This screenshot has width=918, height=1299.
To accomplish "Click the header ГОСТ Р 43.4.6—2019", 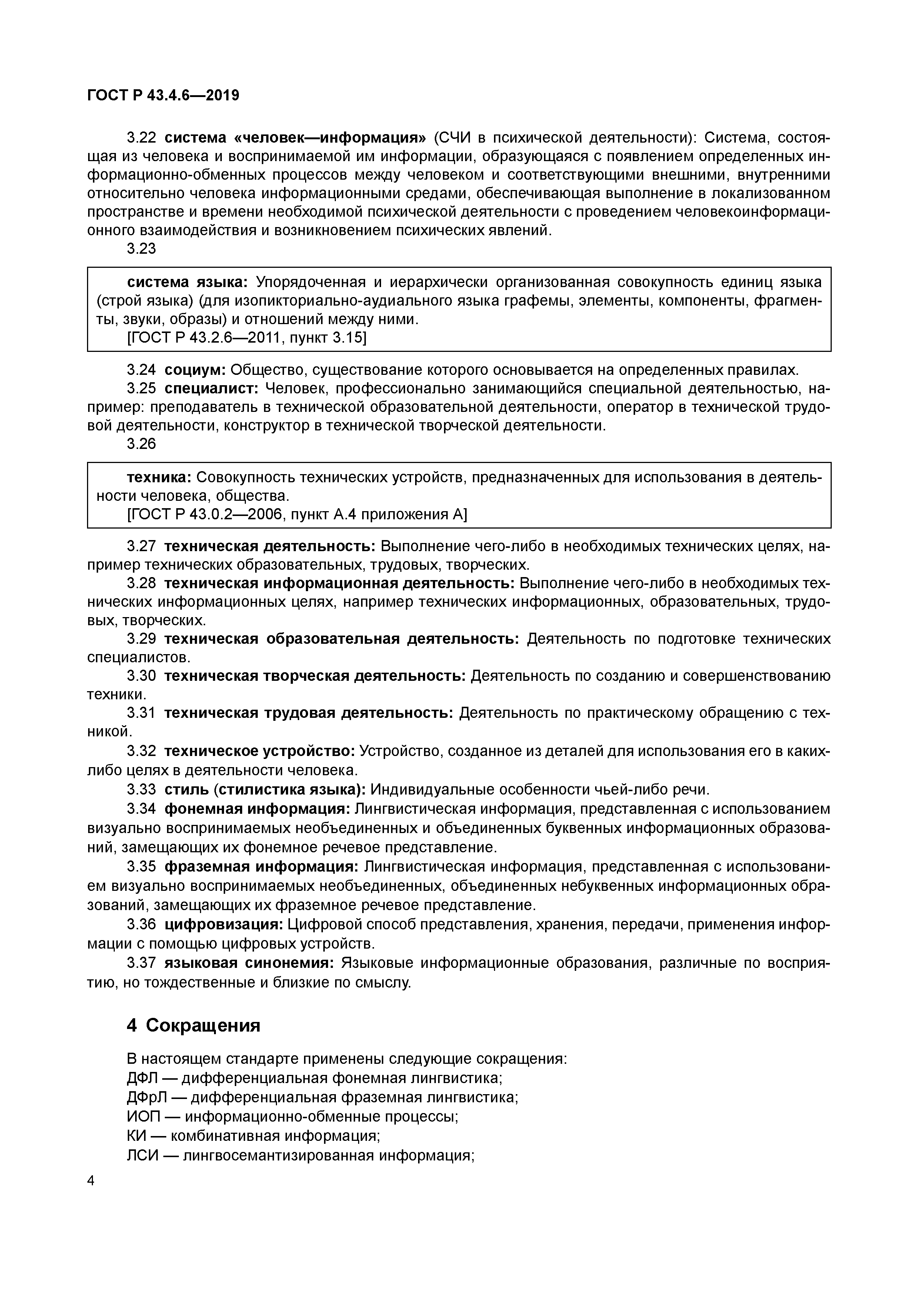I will [x=163, y=95].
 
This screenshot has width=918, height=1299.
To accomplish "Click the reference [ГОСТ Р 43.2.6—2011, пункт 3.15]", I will [x=247, y=338].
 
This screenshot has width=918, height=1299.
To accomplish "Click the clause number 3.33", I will [x=141, y=789].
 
